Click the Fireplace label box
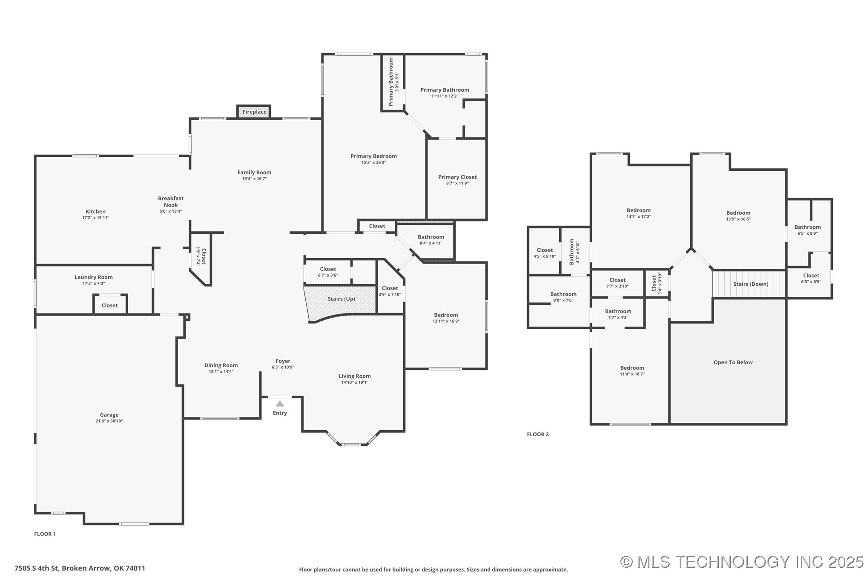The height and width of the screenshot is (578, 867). [x=254, y=112]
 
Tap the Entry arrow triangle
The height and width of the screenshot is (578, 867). [x=280, y=404]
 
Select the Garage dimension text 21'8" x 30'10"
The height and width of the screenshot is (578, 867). [x=109, y=421]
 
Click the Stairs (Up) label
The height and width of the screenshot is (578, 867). [x=341, y=299]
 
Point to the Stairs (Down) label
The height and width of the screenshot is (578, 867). [x=750, y=284]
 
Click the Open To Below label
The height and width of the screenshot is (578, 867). [x=733, y=362]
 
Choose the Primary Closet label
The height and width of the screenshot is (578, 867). [x=457, y=177]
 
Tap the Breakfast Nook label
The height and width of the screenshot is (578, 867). [x=171, y=201]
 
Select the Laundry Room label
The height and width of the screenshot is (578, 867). [x=94, y=277]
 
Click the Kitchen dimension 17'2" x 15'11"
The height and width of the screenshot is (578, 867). [x=95, y=218]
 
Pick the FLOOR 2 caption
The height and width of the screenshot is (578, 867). [x=537, y=434]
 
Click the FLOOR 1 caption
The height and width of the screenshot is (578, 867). [x=45, y=534]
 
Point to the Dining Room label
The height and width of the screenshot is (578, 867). [x=221, y=365]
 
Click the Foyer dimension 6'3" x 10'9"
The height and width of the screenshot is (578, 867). [x=283, y=367]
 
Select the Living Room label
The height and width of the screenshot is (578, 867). [x=354, y=376]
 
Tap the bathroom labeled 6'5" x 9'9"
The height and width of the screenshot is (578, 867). [x=807, y=230]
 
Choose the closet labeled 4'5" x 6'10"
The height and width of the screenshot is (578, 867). [x=545, y=253]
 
